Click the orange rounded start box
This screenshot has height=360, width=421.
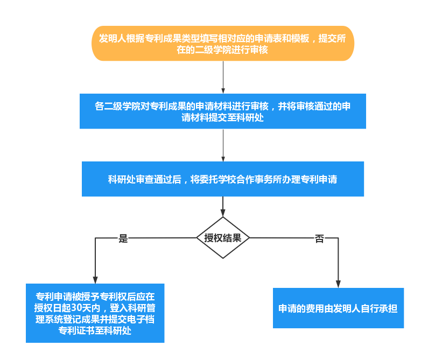[x=223, y=44]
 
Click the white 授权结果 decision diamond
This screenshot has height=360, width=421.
[x=223, y=238]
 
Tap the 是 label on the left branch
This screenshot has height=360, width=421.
[x=123, y=239]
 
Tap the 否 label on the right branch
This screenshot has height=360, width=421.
[x=320, y=239]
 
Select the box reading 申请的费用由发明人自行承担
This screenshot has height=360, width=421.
[x=338, y=308]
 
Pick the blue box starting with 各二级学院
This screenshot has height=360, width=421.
[x=223, y=111]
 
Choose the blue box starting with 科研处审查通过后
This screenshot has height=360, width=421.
[x=223, y=179]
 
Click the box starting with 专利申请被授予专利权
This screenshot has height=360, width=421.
[x=95, y=313]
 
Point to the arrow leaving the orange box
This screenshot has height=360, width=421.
[x=223, y=77]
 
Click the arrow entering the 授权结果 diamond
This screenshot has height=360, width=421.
[x=223, y=207]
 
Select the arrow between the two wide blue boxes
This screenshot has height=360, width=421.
[x=223, y=145]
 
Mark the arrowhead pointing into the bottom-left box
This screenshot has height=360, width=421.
[x=95, y=280]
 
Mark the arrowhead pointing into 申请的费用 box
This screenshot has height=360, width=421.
[x=338, y=284]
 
